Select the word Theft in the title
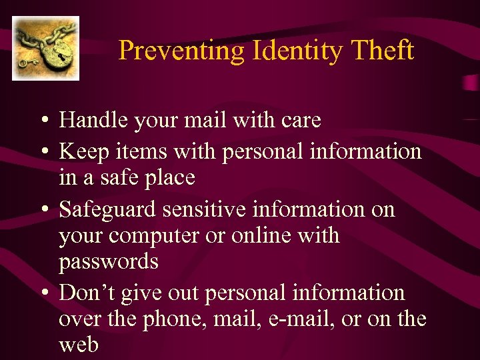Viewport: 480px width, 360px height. coord(381,51)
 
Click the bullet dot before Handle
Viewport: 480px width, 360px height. coord(43,121)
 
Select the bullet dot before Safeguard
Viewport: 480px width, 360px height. coord(43,211)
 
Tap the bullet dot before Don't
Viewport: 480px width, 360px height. coord(43,294)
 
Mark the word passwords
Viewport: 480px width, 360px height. coord(108,262)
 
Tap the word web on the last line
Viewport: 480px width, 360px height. coord(78,345)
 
